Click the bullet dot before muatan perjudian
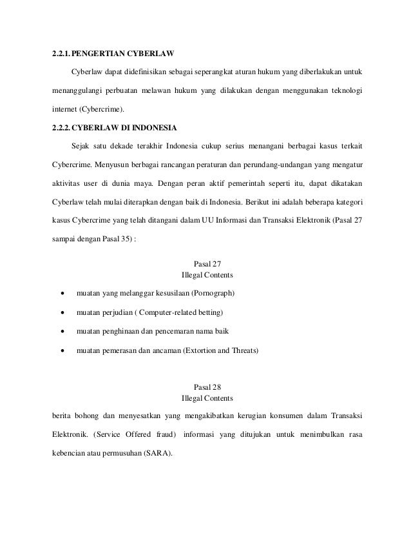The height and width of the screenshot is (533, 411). [62, 314]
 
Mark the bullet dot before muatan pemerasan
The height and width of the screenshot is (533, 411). [62, 352]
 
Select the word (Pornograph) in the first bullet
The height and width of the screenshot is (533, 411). [213, 294]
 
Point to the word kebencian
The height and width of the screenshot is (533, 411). [70, 452]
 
